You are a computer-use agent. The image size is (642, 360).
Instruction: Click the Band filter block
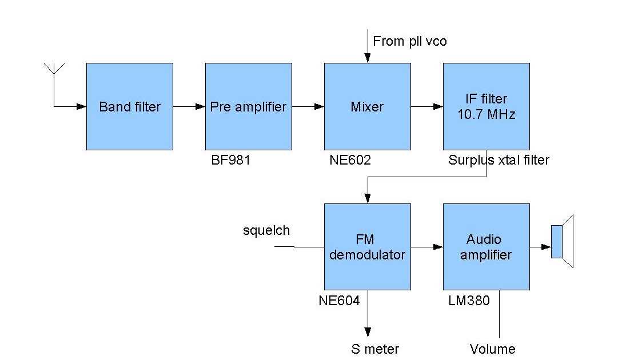130,106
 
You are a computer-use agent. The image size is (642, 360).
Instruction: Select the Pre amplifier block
249,106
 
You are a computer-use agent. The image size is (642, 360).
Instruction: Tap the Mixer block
367,106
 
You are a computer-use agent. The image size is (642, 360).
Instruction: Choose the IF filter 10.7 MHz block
486,106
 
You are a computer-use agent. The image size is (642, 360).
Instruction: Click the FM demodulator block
367,247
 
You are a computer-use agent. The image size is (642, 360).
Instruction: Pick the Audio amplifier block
486,247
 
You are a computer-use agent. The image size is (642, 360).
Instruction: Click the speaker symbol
562,242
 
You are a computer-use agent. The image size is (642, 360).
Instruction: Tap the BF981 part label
231,161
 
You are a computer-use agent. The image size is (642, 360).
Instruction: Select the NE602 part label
350,161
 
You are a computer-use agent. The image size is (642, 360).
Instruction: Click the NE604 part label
339,301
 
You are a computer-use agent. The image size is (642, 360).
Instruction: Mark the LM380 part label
469,301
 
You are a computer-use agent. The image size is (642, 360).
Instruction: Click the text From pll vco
409,41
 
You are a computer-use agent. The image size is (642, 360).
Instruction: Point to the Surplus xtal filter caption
499,161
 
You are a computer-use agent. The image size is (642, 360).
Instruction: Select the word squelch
266,231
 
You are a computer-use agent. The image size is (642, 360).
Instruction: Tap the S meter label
374,349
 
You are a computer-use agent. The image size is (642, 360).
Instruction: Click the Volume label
492,349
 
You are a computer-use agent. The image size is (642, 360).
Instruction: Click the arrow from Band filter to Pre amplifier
189,106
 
